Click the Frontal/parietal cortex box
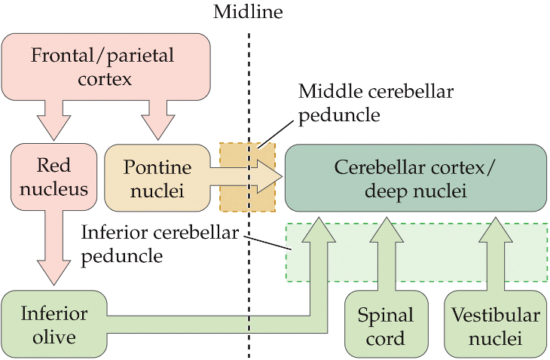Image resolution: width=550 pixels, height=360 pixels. (104, 66)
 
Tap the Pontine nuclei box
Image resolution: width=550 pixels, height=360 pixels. (157, 178)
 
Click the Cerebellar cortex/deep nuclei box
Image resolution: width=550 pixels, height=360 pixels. (415, 178)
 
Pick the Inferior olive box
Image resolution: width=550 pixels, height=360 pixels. (53, 324)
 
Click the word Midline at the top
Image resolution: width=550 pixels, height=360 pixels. (248, 12)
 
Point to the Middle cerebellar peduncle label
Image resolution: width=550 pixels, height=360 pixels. (375, 104)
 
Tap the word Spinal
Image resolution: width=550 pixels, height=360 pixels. (380, 315)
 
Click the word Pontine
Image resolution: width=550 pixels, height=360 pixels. (157, 166)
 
